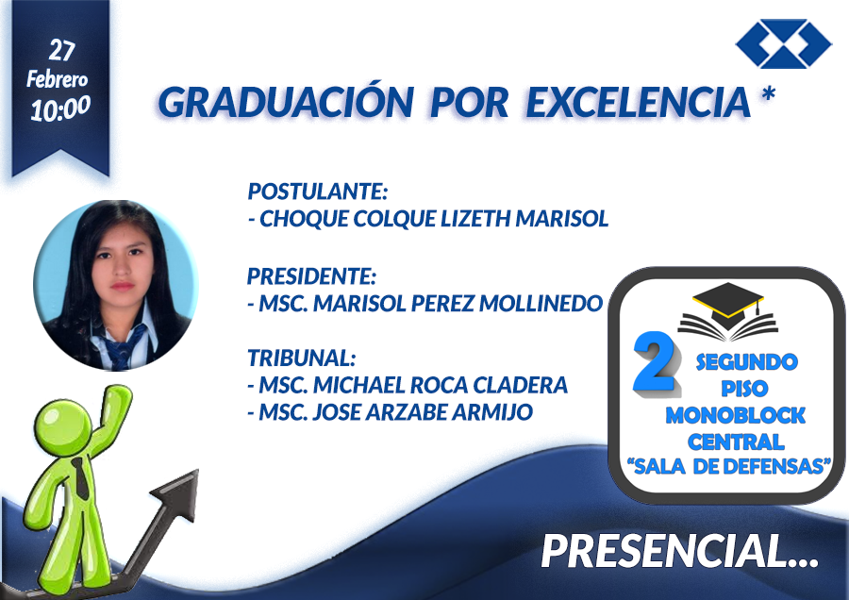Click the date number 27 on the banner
coord(61,50)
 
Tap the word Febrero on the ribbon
coord(57,79)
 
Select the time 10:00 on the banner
coord(60,108)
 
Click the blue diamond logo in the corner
coord(784,43)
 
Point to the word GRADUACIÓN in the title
coord(286,101)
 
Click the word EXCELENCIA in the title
coord(639,101)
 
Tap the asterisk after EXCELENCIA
coord(768,94)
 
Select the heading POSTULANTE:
coord(318,192)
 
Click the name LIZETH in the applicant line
coord(475,219)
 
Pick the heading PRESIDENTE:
coord(311,276)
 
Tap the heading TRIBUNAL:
coord(302,358)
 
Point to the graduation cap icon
coord(728,312)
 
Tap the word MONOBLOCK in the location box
coord(735,415)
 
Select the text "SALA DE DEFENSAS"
coord(729,466)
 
